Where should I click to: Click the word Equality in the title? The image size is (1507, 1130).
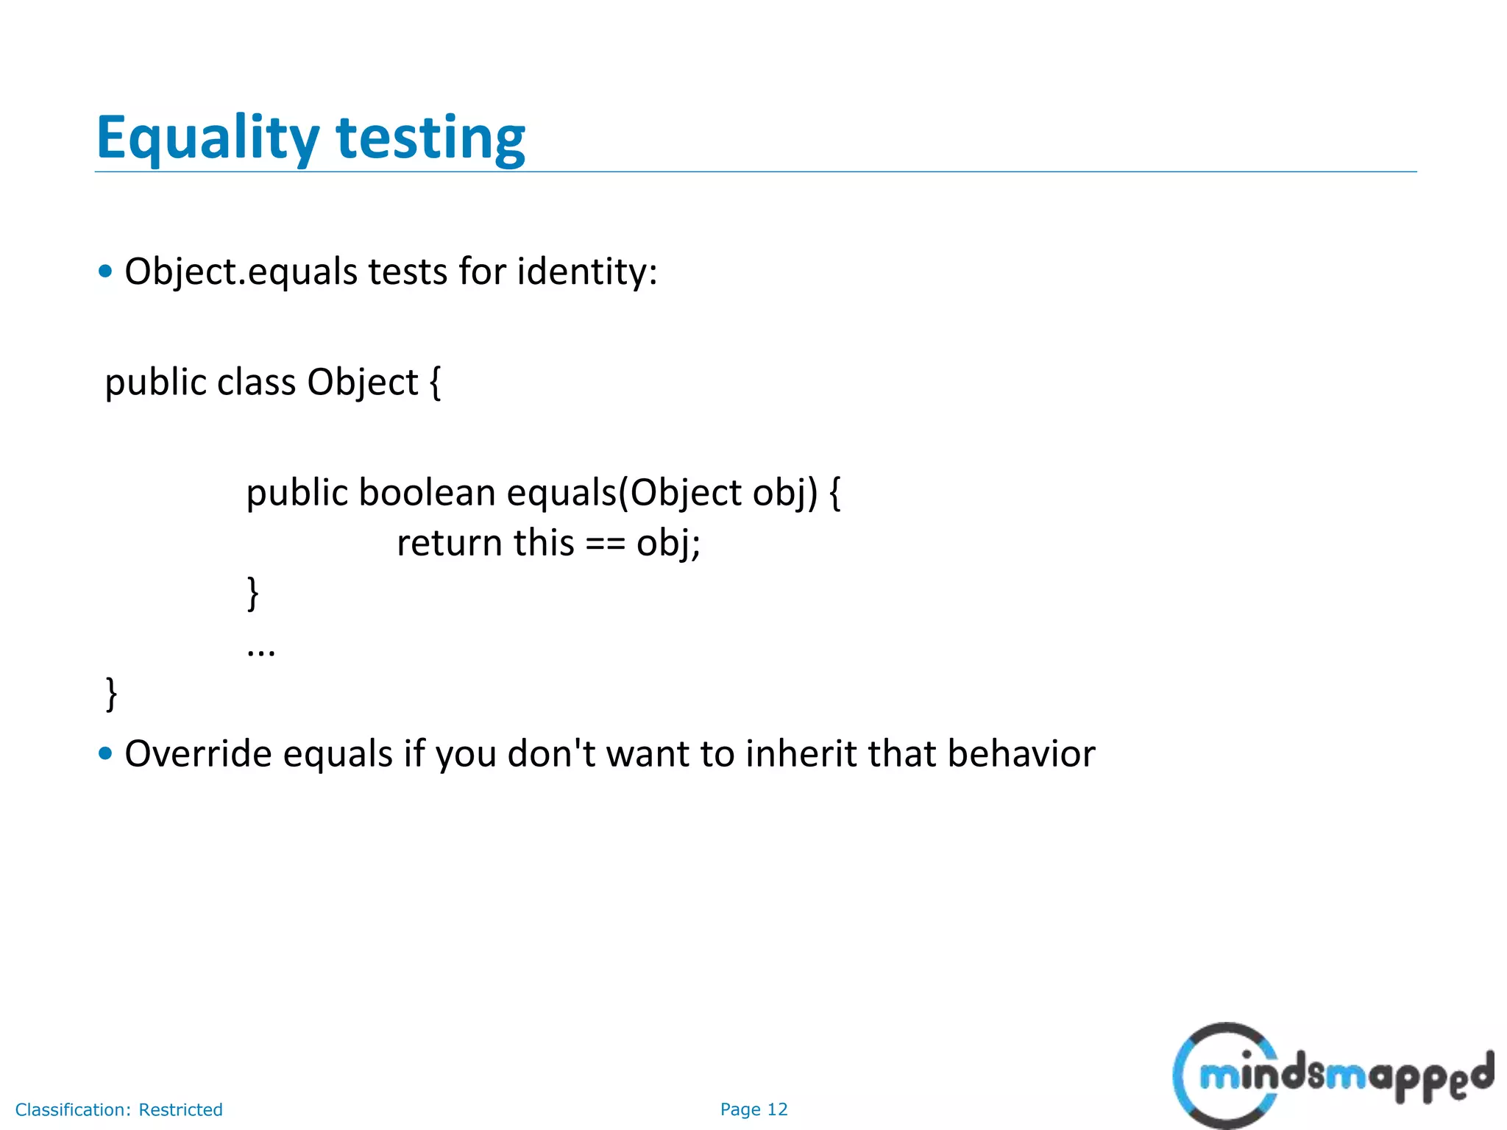pos(208,138)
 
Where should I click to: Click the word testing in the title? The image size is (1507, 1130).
pos(430,138)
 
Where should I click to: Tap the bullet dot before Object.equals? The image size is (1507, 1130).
pos(105,271)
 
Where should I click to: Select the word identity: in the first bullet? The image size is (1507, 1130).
pos(586,271)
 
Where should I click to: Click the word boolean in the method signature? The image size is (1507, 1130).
pos(427,492)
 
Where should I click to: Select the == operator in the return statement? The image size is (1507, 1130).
pos(605,544)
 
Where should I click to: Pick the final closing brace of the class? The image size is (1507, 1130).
pos(111,693)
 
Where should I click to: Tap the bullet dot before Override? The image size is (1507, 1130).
pos(105,753)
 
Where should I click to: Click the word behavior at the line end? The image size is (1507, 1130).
pos(1021,754)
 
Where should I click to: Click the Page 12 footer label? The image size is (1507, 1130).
pos(753,1109)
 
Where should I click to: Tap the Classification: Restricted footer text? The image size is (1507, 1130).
pos(118,1109)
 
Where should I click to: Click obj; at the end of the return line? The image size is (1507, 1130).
pos(668,544)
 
